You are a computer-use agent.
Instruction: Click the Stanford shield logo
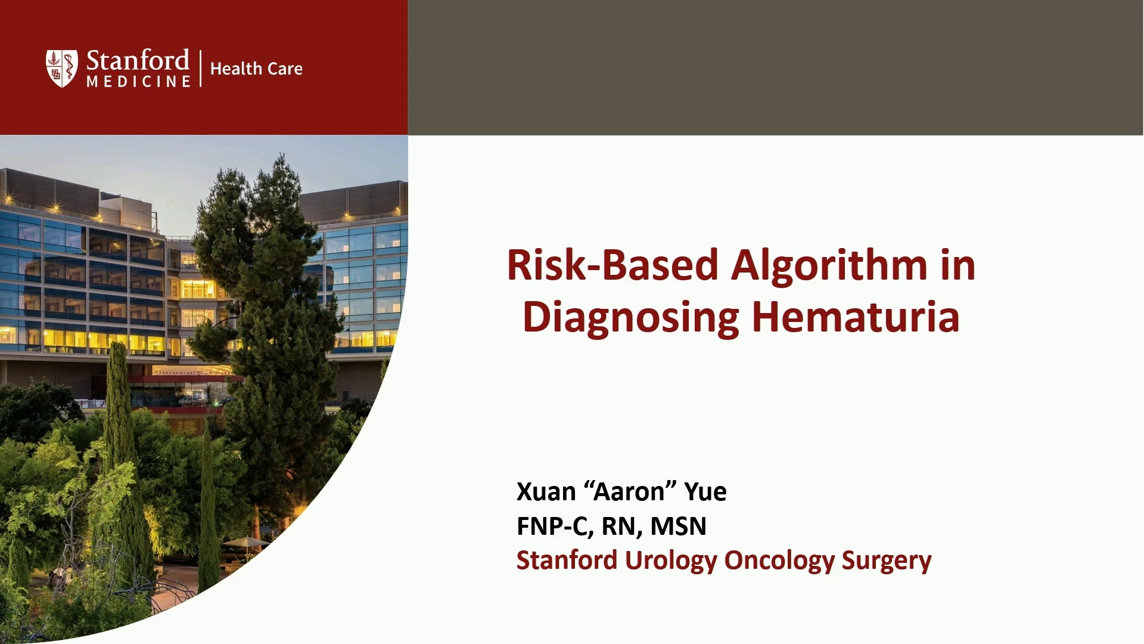coord(61,69)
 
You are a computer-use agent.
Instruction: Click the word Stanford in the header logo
coord(138,60)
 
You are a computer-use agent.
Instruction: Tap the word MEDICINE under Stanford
coord(138,81)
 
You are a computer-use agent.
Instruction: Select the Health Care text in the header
coord(256,69)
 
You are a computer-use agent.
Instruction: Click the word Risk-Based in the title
coord(613,265)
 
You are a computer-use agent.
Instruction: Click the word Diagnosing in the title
coord(631,318)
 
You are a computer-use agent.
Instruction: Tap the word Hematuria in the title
coord(856,316)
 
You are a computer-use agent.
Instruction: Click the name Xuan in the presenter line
coord(546,492)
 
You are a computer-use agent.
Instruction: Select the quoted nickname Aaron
coord(629,491)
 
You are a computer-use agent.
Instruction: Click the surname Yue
coord(705,492)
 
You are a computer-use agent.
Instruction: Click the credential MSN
coord(678,527)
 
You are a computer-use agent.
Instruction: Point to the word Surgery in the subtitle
coord(887,562)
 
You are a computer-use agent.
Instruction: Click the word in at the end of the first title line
coord(958,265)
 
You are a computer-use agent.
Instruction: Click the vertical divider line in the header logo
coord(201,69)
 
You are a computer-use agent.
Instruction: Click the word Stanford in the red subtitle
coord(567,561)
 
